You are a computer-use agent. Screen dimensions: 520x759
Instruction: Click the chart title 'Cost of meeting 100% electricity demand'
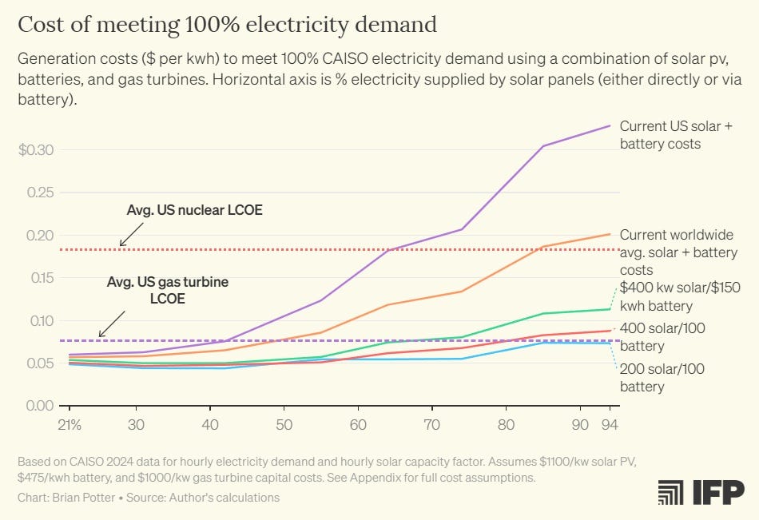227,25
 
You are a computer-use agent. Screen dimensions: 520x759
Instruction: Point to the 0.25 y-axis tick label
40,193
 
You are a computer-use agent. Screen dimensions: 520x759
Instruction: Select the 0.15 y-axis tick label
40,278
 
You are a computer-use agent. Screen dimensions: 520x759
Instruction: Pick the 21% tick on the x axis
70,423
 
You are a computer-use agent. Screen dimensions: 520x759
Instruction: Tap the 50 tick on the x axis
284,423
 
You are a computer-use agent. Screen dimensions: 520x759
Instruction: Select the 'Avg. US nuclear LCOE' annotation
194,211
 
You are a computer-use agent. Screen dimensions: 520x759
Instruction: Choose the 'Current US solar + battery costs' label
676,135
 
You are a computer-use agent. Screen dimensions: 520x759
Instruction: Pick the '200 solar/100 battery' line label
662,378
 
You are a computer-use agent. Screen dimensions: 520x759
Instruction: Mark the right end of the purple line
610,125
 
